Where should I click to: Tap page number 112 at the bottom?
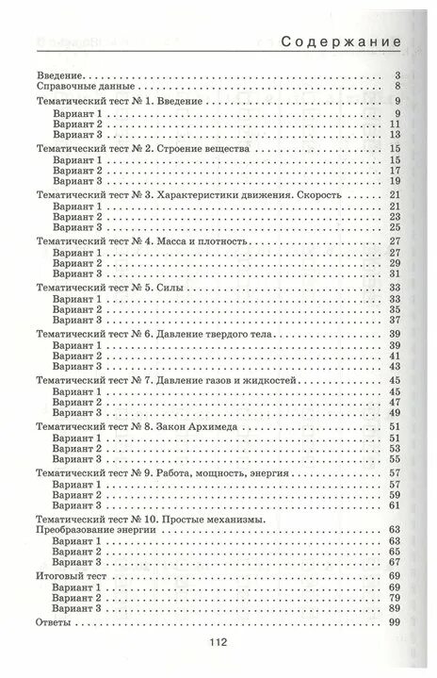(218, 643)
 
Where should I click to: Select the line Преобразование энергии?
(94, 531)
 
